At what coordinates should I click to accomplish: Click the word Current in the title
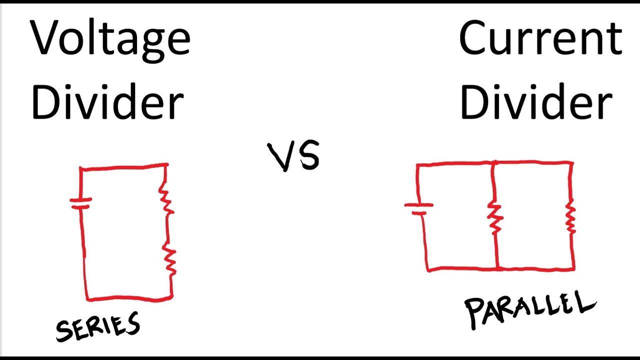pyautogui.click(x=540, y=39)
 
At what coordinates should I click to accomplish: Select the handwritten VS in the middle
pyautogui.click(x=294, y=156)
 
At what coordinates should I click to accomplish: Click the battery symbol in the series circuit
pyautogui.click(x=80, y=203)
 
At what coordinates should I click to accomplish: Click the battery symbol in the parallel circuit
pyautogui.click(x=419, y=208)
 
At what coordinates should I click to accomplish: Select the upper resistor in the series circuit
pyautogui.click(x=166, y=197)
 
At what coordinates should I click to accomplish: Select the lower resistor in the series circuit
pyautogui.click(x=170, y=260)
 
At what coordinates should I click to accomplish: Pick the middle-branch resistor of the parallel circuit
pyautogui.click(x=495, y=217)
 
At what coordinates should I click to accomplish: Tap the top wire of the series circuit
pyautogui.click(x=123, y=167)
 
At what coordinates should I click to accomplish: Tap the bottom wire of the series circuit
pyautogui.click(x=129, y=298)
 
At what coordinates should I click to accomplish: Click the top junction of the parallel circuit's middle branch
pyautogui.click(x=493, y=163)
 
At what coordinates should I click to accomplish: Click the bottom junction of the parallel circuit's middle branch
pyautogui.click(x=497, y=269)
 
